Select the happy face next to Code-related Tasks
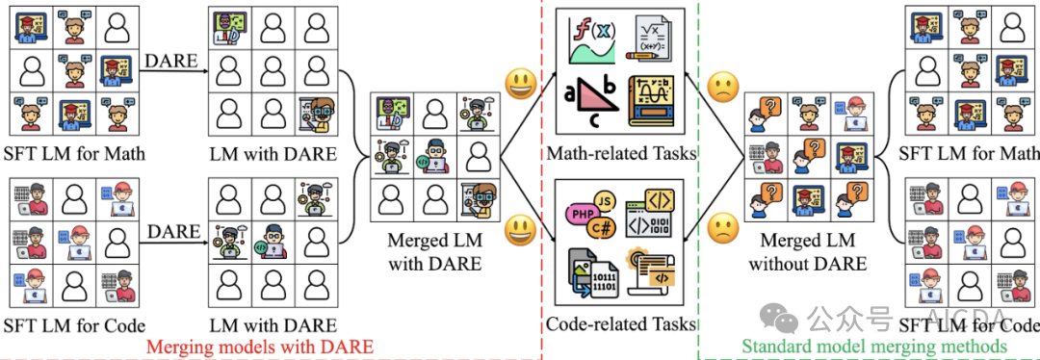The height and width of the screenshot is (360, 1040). click(521, 229)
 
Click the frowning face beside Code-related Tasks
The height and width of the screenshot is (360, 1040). click(721, 229)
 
